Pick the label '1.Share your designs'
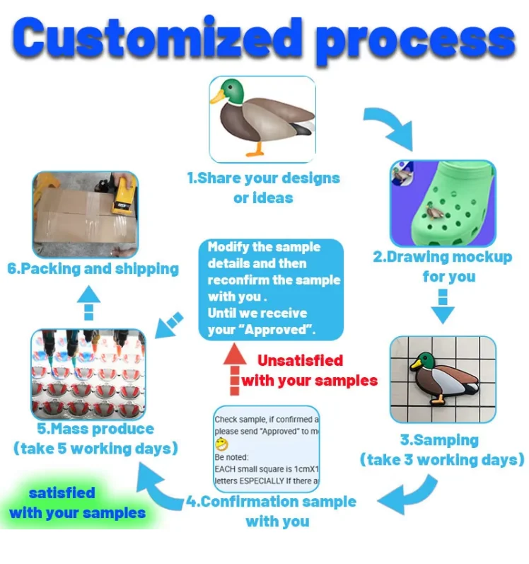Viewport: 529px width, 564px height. coord(263,178)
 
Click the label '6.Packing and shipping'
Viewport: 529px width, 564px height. coord(93,269)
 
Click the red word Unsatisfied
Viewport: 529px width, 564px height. coord(300,360)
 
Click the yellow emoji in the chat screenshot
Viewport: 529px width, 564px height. coord(223,444)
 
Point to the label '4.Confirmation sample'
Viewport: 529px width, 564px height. coord(272,502)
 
